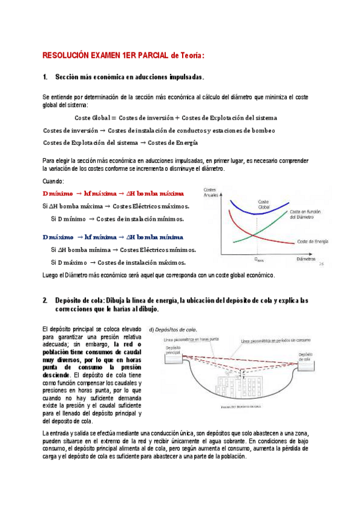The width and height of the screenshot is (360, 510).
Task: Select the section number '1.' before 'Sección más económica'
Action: coord(46,78)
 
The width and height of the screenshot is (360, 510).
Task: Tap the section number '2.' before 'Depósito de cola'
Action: coord(46,300)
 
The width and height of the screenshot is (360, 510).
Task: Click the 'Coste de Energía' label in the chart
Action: coord(313,241)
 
